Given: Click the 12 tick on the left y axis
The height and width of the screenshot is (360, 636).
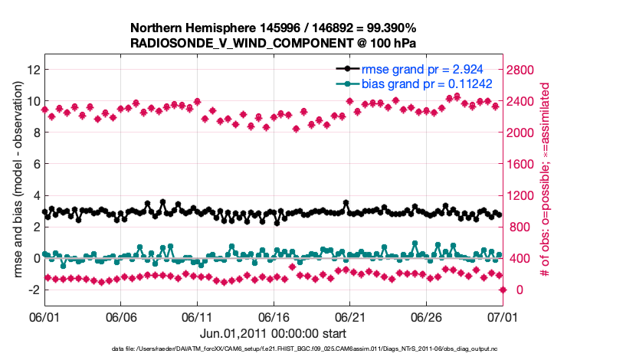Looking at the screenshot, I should [32, 70].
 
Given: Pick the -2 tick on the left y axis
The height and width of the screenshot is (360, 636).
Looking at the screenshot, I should [31, 290].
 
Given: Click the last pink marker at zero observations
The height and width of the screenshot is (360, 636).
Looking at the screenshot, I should [503, 290].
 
